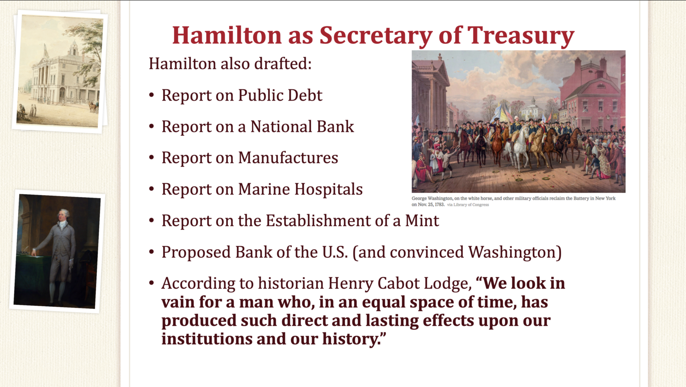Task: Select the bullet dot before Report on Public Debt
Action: tap(152, 95)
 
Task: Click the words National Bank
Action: tap(302, 126)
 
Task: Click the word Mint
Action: tap(422, 220)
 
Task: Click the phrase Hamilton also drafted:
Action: tap(230, 63)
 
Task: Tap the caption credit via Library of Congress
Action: tap(468, 205)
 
